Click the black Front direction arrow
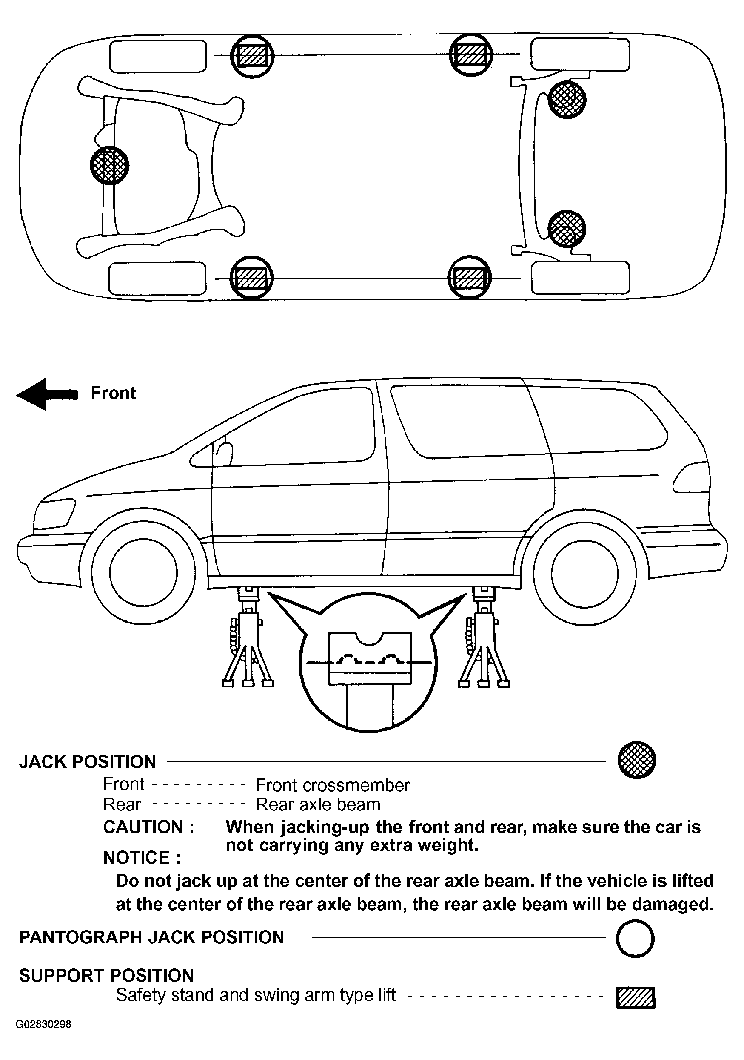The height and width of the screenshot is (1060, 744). (x=46, y=394)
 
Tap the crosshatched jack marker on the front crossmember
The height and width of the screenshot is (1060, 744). (x=109, y=165)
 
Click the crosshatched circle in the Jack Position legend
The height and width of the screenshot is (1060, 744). (x=636, y=760)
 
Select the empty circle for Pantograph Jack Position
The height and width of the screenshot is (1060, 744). (x=635, y=939)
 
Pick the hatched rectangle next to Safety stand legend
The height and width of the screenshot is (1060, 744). (x=636, y=998)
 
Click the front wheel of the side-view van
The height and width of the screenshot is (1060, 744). (x=143, y=573)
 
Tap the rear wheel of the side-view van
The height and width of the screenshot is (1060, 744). (x=584, y=573)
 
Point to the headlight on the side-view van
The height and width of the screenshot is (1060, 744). (x=54, y=513)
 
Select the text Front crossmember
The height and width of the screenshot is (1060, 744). (x=332, y=785)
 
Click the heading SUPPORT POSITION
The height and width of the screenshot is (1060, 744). (x=106, y=976)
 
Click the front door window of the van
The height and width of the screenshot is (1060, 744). (x=295, y=427)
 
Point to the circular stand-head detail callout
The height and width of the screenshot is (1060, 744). (x=368, y=663)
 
